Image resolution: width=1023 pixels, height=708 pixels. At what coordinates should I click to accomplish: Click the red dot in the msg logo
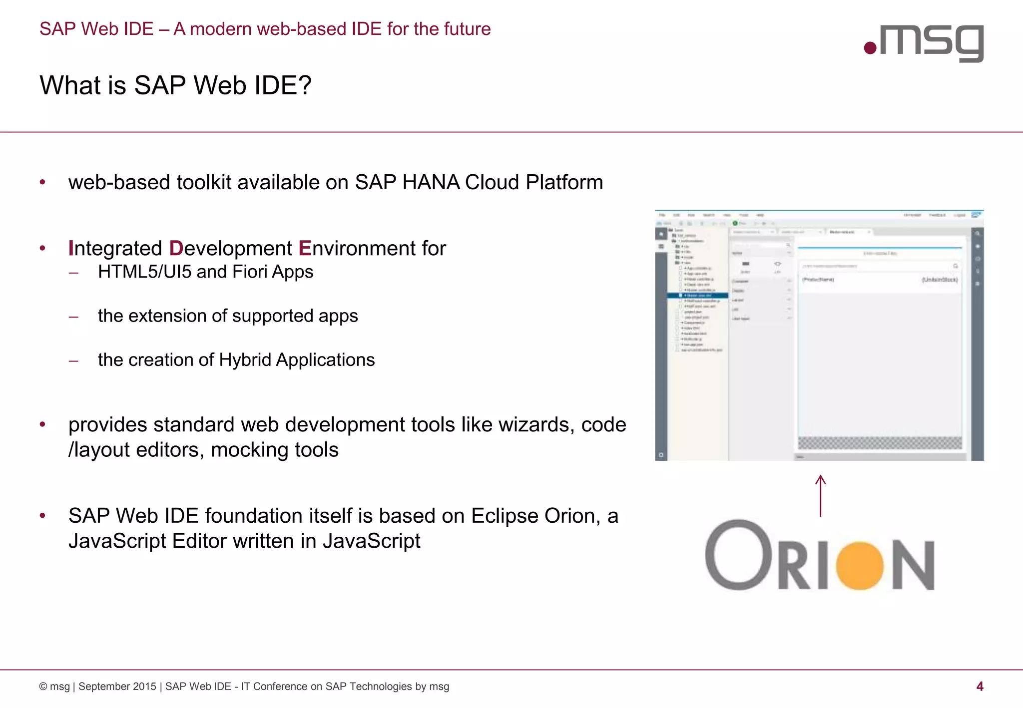coord(870,48)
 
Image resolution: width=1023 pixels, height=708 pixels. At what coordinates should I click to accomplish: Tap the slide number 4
coord(980,687)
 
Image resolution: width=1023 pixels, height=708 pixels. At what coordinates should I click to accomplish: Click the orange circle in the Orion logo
coord(860,565)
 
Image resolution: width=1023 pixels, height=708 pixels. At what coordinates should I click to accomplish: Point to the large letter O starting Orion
coord(738,555)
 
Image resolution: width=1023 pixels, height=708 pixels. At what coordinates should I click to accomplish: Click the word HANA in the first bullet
coord(431,182)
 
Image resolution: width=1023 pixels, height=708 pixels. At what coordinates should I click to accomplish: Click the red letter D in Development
coord(176,248)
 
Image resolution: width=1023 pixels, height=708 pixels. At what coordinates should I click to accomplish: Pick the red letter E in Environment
coord(305,248)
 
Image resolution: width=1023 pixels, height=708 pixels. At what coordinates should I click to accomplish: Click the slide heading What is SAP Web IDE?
coord(175,85)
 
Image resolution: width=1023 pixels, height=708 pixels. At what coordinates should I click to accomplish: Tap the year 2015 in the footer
coord(144,687)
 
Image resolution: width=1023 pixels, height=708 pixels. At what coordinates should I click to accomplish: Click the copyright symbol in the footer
coord(43,687)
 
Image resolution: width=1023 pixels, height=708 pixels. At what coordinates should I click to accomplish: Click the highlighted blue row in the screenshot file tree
coord(698,296)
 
